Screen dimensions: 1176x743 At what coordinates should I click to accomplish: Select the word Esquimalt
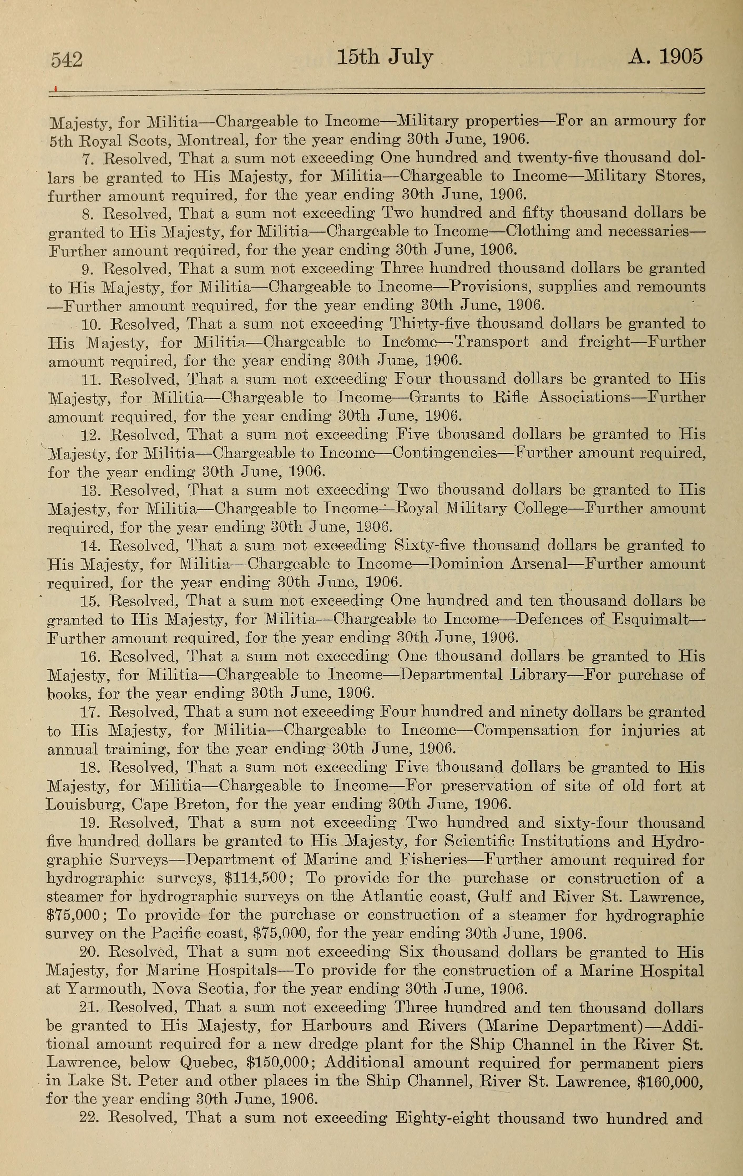(650, 620)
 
